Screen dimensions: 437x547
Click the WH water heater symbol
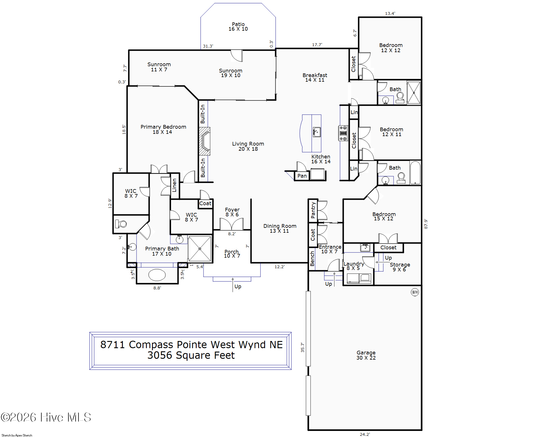(415, 292)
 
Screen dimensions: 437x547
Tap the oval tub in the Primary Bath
(157, 275)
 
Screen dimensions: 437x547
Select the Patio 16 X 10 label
(238, 27)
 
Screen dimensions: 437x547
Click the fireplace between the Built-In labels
(205, 141)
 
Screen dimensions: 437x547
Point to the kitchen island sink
(317, 132)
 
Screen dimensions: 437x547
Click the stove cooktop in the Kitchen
(343, 133)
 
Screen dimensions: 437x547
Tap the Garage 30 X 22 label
(366, 355)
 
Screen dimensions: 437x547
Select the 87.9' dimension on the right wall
(426, 224)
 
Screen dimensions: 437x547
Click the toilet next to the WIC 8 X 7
(121, 224)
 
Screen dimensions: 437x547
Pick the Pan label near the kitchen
(302, 176)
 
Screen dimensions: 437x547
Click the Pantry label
(313, 210)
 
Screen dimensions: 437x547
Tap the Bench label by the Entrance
(312, 258)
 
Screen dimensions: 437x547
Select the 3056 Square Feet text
(191, 355)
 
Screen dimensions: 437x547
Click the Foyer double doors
(232, 224)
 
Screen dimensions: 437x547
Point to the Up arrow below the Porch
(233, 285)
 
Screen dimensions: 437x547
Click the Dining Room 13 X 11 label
(280, 228)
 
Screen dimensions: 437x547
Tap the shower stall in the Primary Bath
(200, 248)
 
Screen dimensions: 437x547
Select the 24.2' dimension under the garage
(365, 434)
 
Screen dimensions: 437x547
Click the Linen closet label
(174, 185)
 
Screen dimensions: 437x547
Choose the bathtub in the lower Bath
(415, 173)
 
